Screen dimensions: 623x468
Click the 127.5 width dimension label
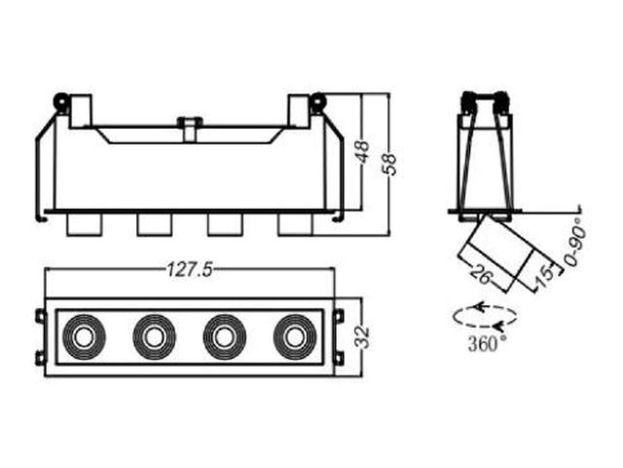coord(190,269)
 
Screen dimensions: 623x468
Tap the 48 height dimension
coord(363,152)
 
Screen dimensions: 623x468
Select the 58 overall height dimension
coord(389,164)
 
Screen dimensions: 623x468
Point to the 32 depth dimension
coord(362,336)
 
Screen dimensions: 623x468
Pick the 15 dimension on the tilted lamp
coord(544,275)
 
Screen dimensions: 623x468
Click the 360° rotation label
coord(488,344)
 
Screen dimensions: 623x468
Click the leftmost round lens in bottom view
coord(84,337)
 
